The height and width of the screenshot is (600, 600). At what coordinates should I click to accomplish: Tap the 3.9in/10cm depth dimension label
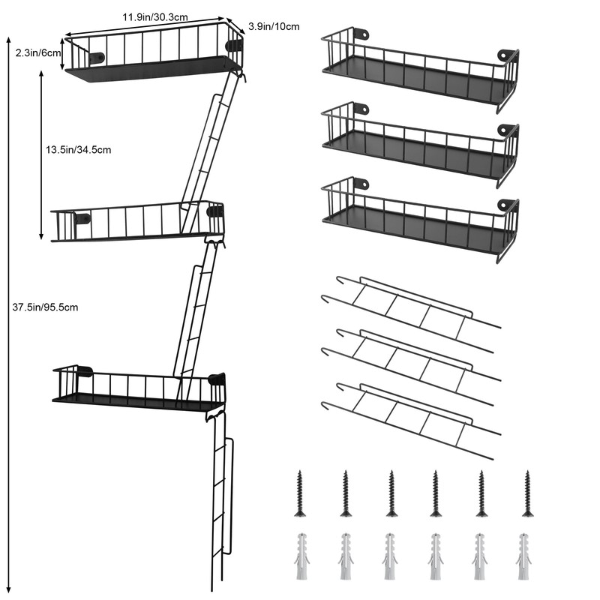point(274,27)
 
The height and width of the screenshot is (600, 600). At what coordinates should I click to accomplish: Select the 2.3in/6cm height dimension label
point(37,52)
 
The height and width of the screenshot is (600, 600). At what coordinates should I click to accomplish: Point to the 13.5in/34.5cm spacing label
point(78,149)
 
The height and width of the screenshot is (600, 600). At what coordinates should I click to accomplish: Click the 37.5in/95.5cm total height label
point(46,307)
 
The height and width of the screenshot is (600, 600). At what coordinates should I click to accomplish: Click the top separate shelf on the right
point(420,71)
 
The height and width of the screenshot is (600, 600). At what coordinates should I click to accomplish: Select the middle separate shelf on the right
point(420,144)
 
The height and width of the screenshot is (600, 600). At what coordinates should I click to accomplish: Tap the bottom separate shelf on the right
point(420,220)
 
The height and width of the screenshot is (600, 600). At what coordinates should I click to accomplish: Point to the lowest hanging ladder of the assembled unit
point(220,502)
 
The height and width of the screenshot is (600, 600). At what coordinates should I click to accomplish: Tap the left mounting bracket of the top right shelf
point(361,34)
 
